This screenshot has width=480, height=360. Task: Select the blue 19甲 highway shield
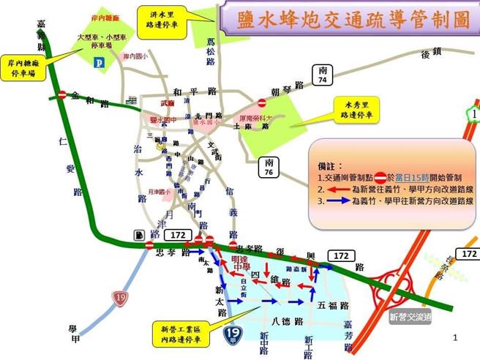233,337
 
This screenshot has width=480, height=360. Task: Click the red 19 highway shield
119,297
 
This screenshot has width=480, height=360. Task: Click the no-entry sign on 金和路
63,95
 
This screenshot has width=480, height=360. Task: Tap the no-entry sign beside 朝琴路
261,104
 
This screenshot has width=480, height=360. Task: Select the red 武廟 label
168,104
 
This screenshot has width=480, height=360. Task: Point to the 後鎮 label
432,53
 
